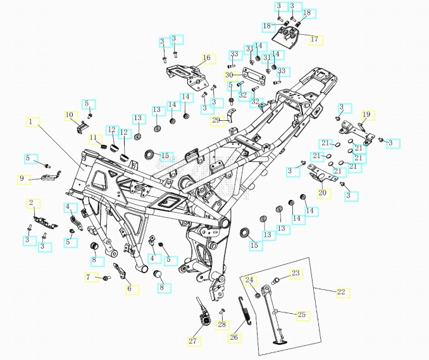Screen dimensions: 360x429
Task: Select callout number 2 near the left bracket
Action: click(x=31, y=202)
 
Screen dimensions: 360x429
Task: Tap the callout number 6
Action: click(x=130, y=289)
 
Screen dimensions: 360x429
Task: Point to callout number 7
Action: click(x=89, y=277)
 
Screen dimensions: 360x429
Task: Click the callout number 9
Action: click(x=22, y=179)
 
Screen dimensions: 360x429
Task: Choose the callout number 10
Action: click(x=70, y=115)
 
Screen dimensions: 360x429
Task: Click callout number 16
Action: click(x=206, y=58)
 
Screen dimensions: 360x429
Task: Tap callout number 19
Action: click(x=366, y=115)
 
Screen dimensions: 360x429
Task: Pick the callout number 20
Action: click(x=322, y=193)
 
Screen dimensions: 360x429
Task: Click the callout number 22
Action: click(x=342, y=292)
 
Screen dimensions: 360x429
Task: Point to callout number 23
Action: click(x=295, y=273)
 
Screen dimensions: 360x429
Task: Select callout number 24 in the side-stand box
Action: click(x=249, y=280)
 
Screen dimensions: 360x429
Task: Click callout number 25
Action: click(x=301, y=314)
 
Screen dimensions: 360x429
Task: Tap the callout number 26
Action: click(x=234, y=337)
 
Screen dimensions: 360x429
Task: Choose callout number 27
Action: click(x=192, y=341)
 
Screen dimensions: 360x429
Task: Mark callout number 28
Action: click(x=221, y=325)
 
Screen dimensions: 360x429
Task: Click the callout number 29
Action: click(x=216, y=120)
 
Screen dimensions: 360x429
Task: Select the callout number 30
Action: click(x=228, y=75)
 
